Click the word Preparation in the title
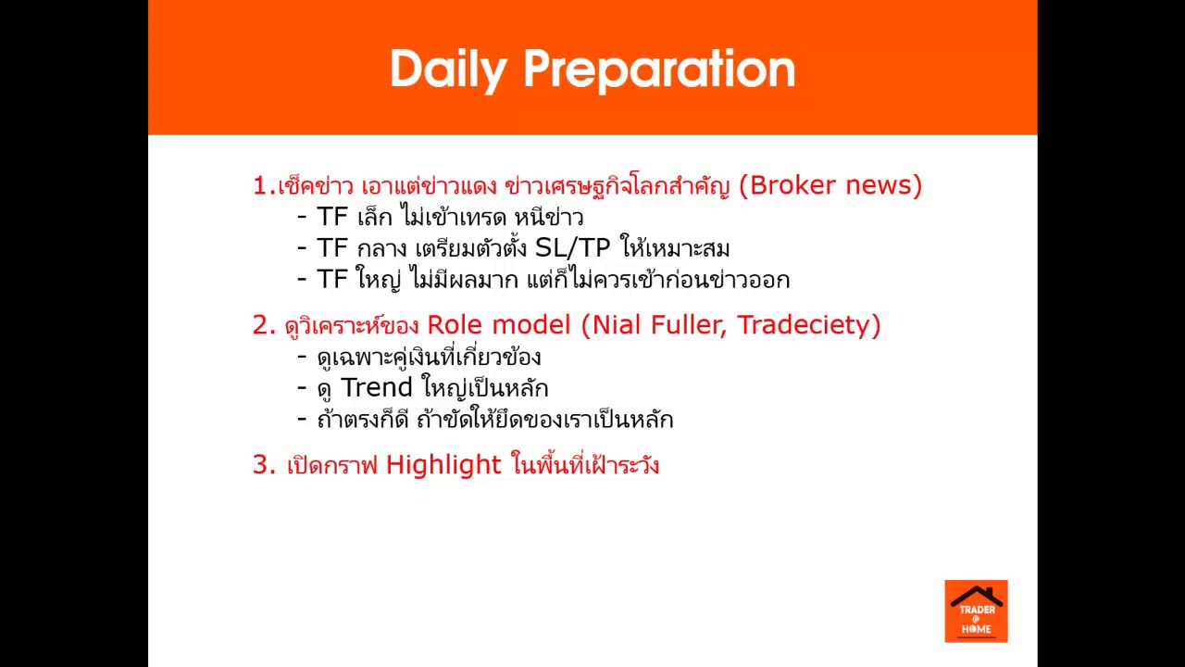[x=658, y=69]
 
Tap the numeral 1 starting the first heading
[x=260, y=185]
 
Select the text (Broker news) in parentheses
[x=836, y=185]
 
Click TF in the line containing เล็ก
[x=332, y=217]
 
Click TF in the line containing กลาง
[x=332, y=248]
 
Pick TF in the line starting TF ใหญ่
[x=332, y=279]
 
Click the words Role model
[x=499, y=325]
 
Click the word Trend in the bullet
[x=377, y=387]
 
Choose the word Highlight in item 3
[x=443, y=464]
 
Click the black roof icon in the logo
[x=976, y=596]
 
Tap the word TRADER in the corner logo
[x=976, y=610]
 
